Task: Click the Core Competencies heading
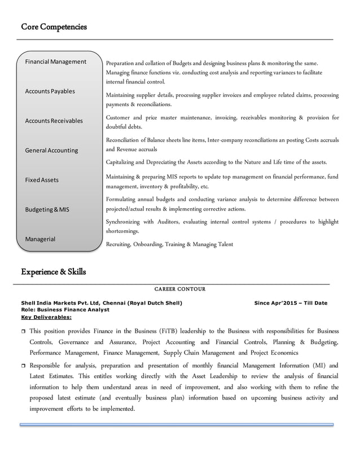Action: tap(54, 27)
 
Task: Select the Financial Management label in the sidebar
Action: tap(55, 61)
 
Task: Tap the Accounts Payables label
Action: tap(50, 91)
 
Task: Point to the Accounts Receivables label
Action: tap(54, 121)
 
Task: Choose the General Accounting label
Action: tap(51, 151)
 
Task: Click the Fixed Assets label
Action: tap(41, 180)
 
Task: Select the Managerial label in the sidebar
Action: tap(40, 239)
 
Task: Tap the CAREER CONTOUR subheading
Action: tap(180, 289)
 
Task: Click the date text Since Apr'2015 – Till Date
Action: tap(291, 303)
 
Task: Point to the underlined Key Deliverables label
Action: tap(46, 317)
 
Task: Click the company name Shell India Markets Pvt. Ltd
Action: tap(61, 303)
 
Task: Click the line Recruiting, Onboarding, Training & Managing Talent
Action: tap(169, 244)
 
